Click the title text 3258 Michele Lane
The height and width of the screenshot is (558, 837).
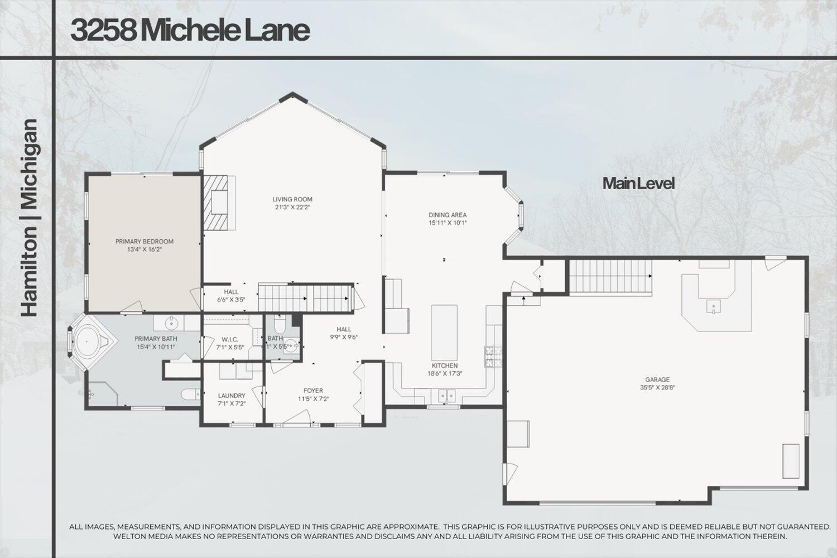(x=190, y=31)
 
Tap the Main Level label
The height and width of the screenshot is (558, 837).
(x=638, y=183)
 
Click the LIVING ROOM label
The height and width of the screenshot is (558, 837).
(x=292, y=199)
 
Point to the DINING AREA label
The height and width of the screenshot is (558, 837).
(x=448, y=215)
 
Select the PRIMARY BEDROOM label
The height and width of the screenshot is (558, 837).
(x=145, y=242)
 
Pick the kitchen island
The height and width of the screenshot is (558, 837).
(x=444, y=332)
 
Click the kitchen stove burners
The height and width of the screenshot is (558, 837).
(x=493, y=357)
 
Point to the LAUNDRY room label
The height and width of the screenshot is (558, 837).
(x=232, y=396)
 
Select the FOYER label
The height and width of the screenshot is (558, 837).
(x=313, y=391)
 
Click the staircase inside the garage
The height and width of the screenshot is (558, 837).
(x=610, y=276)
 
